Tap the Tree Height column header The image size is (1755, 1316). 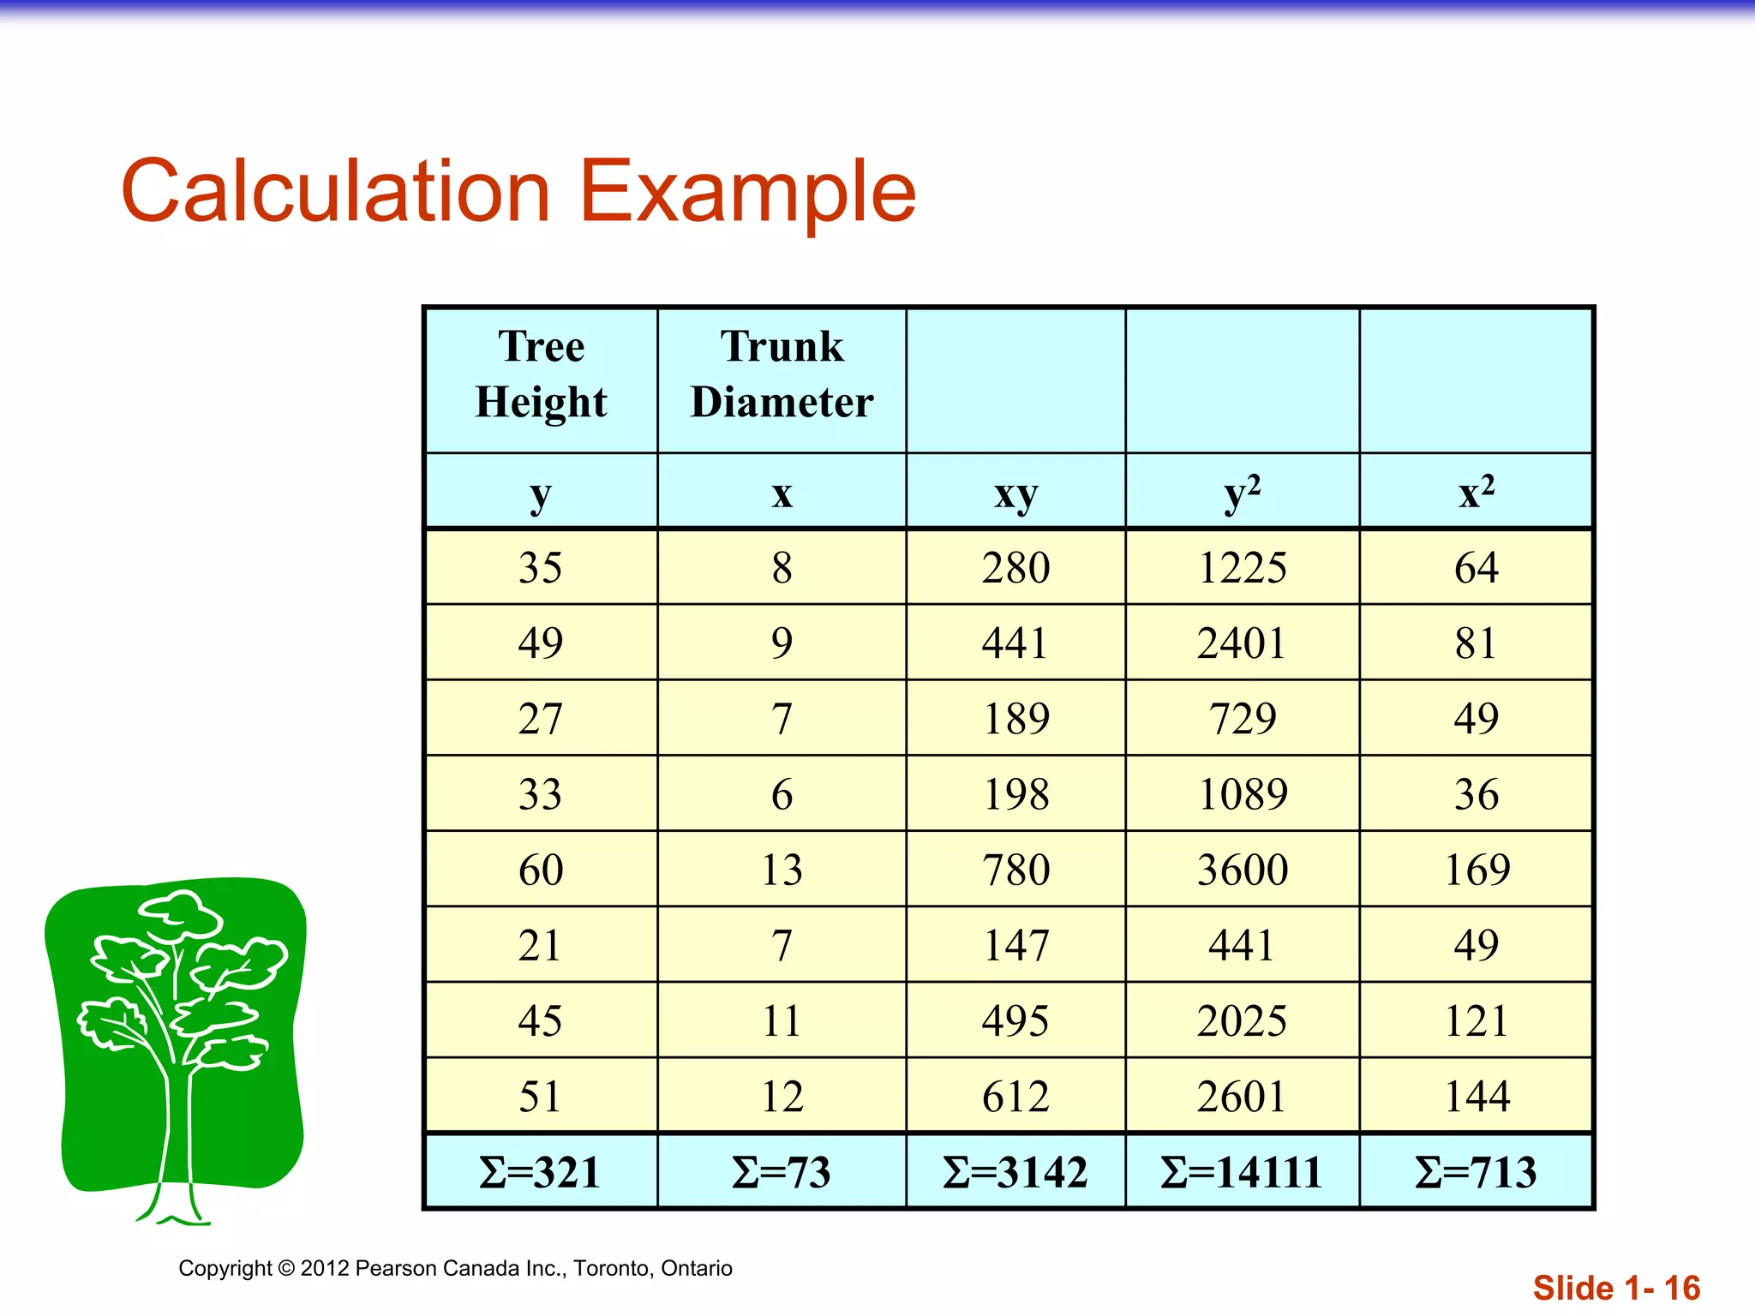click(541, 374)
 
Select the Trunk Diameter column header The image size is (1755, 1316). click(782, 374)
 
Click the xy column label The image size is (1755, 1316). click(1015, 493)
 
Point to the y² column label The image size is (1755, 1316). click(1242, 493)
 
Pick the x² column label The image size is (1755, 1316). click(1476, 493)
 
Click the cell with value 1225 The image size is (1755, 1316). click(1242, 568)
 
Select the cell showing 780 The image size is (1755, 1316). click(1015, 870)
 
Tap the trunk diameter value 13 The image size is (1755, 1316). click(782, 870)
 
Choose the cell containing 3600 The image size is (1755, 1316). click(1242, 870)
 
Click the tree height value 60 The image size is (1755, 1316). click(541, 870)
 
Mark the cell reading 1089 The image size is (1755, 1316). click(1242, 794)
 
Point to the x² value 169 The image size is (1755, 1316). click(1476, 870)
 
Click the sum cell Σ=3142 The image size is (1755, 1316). click(1015, 1172)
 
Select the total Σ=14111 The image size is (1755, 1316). click(1242, 1172)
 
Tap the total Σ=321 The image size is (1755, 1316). click(541, 1172)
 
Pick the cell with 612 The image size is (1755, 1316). click(1015, 1097)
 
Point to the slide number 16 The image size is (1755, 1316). click(1681, 1288)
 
